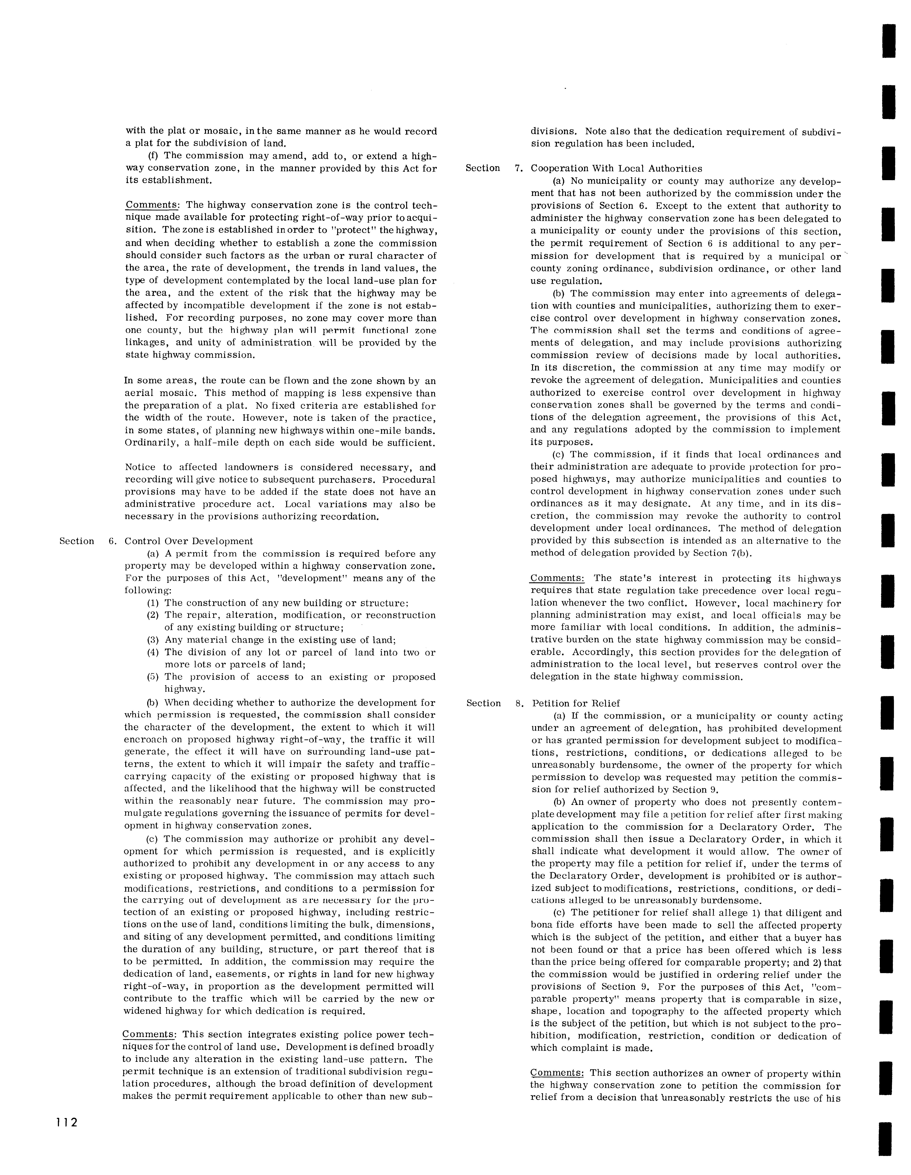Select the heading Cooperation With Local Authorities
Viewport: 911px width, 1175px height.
616,168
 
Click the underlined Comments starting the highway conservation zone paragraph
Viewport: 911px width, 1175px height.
152,206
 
